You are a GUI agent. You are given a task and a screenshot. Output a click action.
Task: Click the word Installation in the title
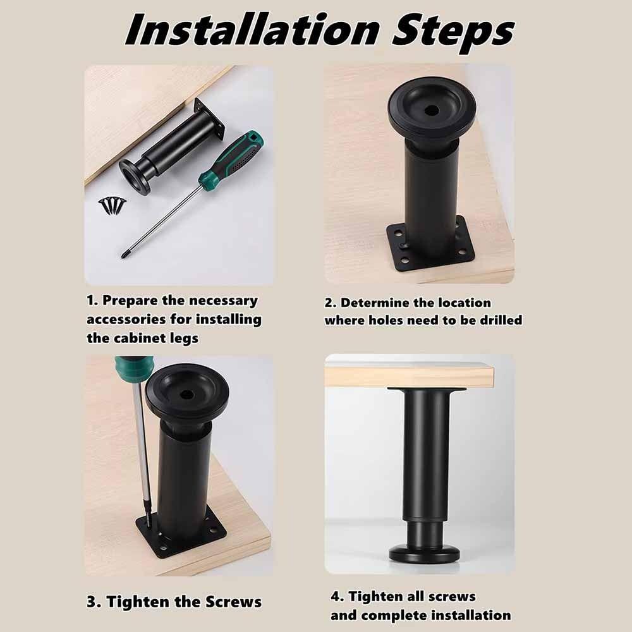[252, 30]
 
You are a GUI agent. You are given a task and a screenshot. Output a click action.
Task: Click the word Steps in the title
[453, 33]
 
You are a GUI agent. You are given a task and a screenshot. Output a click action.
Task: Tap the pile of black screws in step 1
[112, 206]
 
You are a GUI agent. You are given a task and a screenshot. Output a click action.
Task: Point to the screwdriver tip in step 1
[123, 256]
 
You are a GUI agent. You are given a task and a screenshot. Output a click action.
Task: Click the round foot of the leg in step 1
[135, 176]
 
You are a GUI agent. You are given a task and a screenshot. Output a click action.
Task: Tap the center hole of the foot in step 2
[432, 110]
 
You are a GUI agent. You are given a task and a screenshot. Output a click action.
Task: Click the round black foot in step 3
[187, 392]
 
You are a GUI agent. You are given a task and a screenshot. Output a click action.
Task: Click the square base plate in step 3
[181, 535]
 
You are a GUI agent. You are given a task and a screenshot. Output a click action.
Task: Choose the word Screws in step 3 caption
[233, 602]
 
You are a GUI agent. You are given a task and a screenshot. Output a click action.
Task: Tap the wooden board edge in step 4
[410, 377]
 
